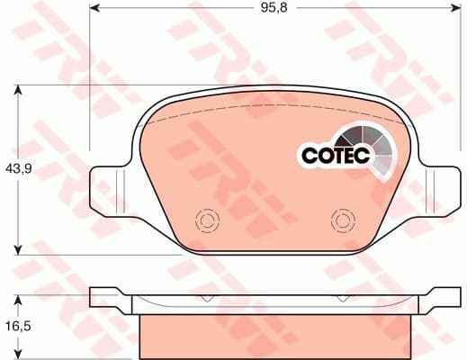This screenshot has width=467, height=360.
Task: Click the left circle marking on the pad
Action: point(206,220)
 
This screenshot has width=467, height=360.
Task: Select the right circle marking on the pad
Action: point(342,219)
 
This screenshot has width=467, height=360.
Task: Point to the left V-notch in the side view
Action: point(206,298)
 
